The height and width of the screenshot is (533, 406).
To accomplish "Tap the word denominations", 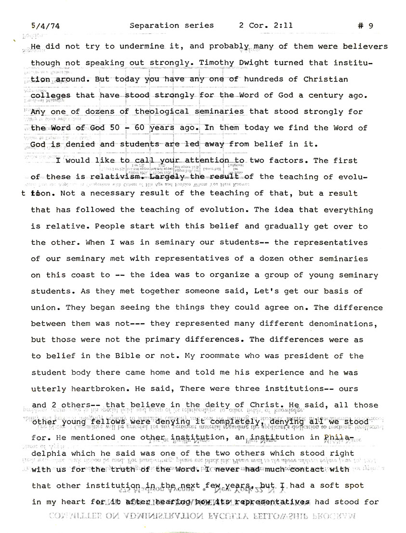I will (345, 324).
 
